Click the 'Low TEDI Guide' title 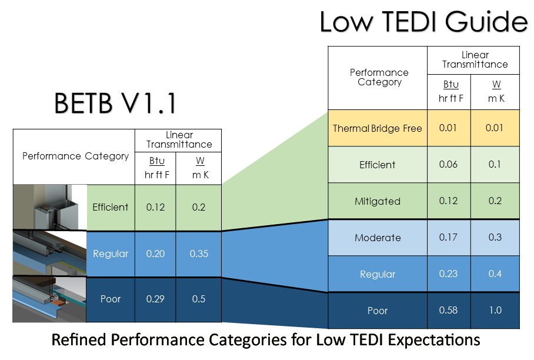click(423, 21)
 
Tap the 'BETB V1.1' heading click(115, 103)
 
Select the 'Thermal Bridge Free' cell click(378, 128)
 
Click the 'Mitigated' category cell click(378, 201)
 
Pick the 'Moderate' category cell click(378, 238)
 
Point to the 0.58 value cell click(449, 310)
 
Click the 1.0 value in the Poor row click(495, 310)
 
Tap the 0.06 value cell click(449, 165)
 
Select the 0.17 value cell click(449, 238)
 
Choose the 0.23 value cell click(449, 274)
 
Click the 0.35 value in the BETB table click(199, 254)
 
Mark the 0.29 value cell click(155, 299)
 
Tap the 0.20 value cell click(155, 254)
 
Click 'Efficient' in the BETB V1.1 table click(111, 207)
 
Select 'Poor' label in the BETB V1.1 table click(111, 299)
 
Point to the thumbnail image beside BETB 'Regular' click(50, 254)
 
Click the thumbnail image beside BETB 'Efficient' click(50, 208)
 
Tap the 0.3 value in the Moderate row click(495, 238)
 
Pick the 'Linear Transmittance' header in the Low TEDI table click(475, 59)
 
